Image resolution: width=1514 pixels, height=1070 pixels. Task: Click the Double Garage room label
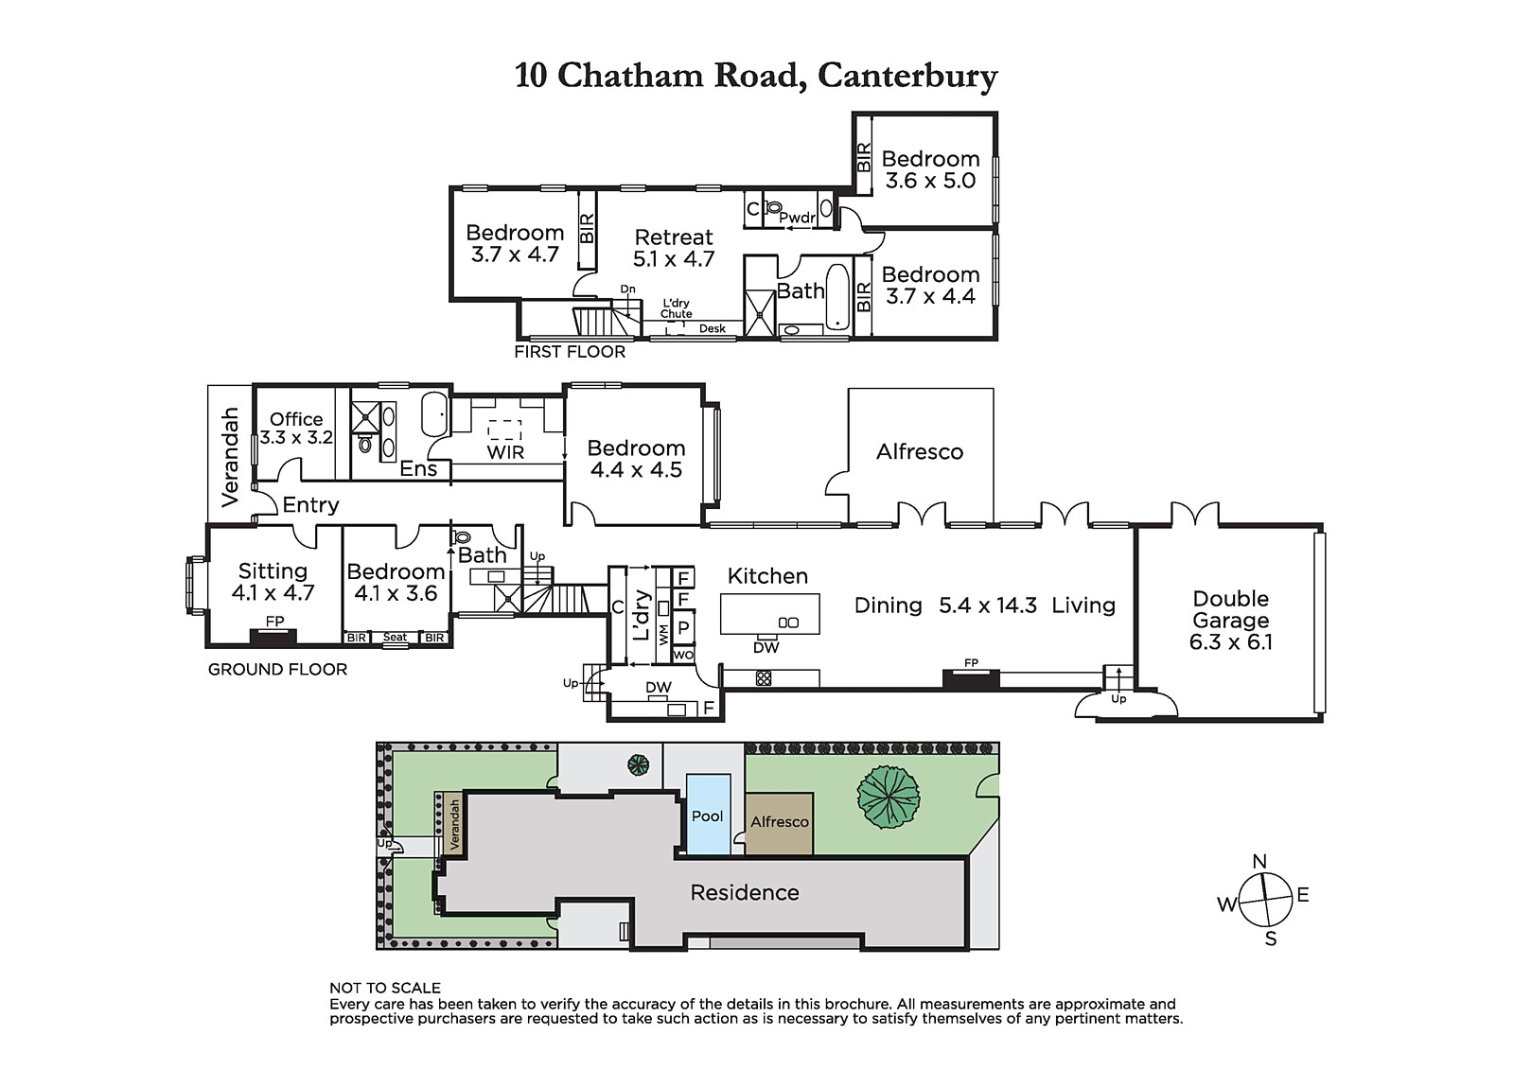(x=1231, y=620)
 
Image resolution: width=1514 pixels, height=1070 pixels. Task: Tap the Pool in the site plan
(x=709, y=815)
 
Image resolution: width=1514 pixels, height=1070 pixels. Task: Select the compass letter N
(x=1259, y=861)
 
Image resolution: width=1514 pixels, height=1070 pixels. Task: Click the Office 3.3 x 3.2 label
(x=296, y=428)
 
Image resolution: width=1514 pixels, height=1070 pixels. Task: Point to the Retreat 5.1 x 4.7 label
(x=674, y=248)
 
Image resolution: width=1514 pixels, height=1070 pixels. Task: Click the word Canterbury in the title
(x=907, y=76)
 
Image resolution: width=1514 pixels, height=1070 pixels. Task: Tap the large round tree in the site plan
(x=889, y=797)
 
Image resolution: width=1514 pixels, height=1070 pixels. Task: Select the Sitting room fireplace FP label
(x=274, y=621)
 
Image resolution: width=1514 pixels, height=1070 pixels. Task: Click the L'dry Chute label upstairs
(x=676, y=308)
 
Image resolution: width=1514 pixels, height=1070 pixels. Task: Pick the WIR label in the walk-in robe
(x=505, y=452)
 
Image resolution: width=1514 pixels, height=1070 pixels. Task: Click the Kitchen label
(x=767, y=576)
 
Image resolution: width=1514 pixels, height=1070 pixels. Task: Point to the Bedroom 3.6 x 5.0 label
(x=931, y=169)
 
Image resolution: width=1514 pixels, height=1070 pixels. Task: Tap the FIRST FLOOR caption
(x=570, y=352)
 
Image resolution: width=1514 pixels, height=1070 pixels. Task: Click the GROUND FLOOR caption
(x=277, y=669)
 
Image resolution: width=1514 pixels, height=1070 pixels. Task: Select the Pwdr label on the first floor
(x=797, y=218)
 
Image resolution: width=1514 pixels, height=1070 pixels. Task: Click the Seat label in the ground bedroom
(x=395, y=637)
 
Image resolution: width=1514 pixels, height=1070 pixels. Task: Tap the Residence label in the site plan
(x=745, y=892)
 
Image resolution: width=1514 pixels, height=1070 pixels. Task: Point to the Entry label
(x=311, y=505)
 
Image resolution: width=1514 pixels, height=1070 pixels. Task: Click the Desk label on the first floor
(x=713, y=328)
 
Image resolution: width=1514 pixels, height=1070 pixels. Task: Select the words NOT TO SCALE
(x=385, y=988)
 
